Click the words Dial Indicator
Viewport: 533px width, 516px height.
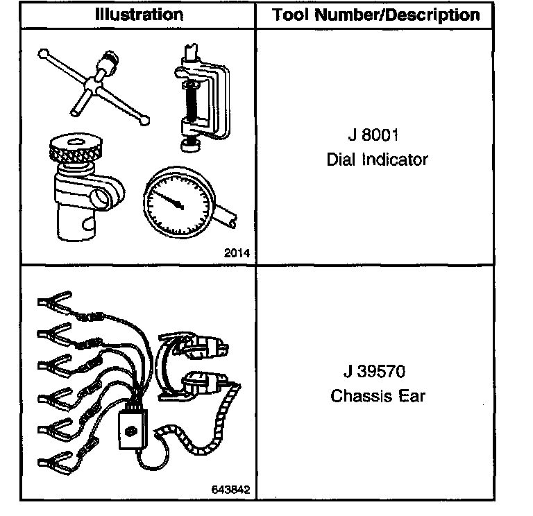point(377,160)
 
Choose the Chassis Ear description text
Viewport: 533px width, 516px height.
point(377,397)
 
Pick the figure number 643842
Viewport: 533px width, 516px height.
point(231,488)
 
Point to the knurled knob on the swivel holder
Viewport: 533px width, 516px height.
point(76,150)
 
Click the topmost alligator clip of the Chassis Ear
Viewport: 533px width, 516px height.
point(51,302)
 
